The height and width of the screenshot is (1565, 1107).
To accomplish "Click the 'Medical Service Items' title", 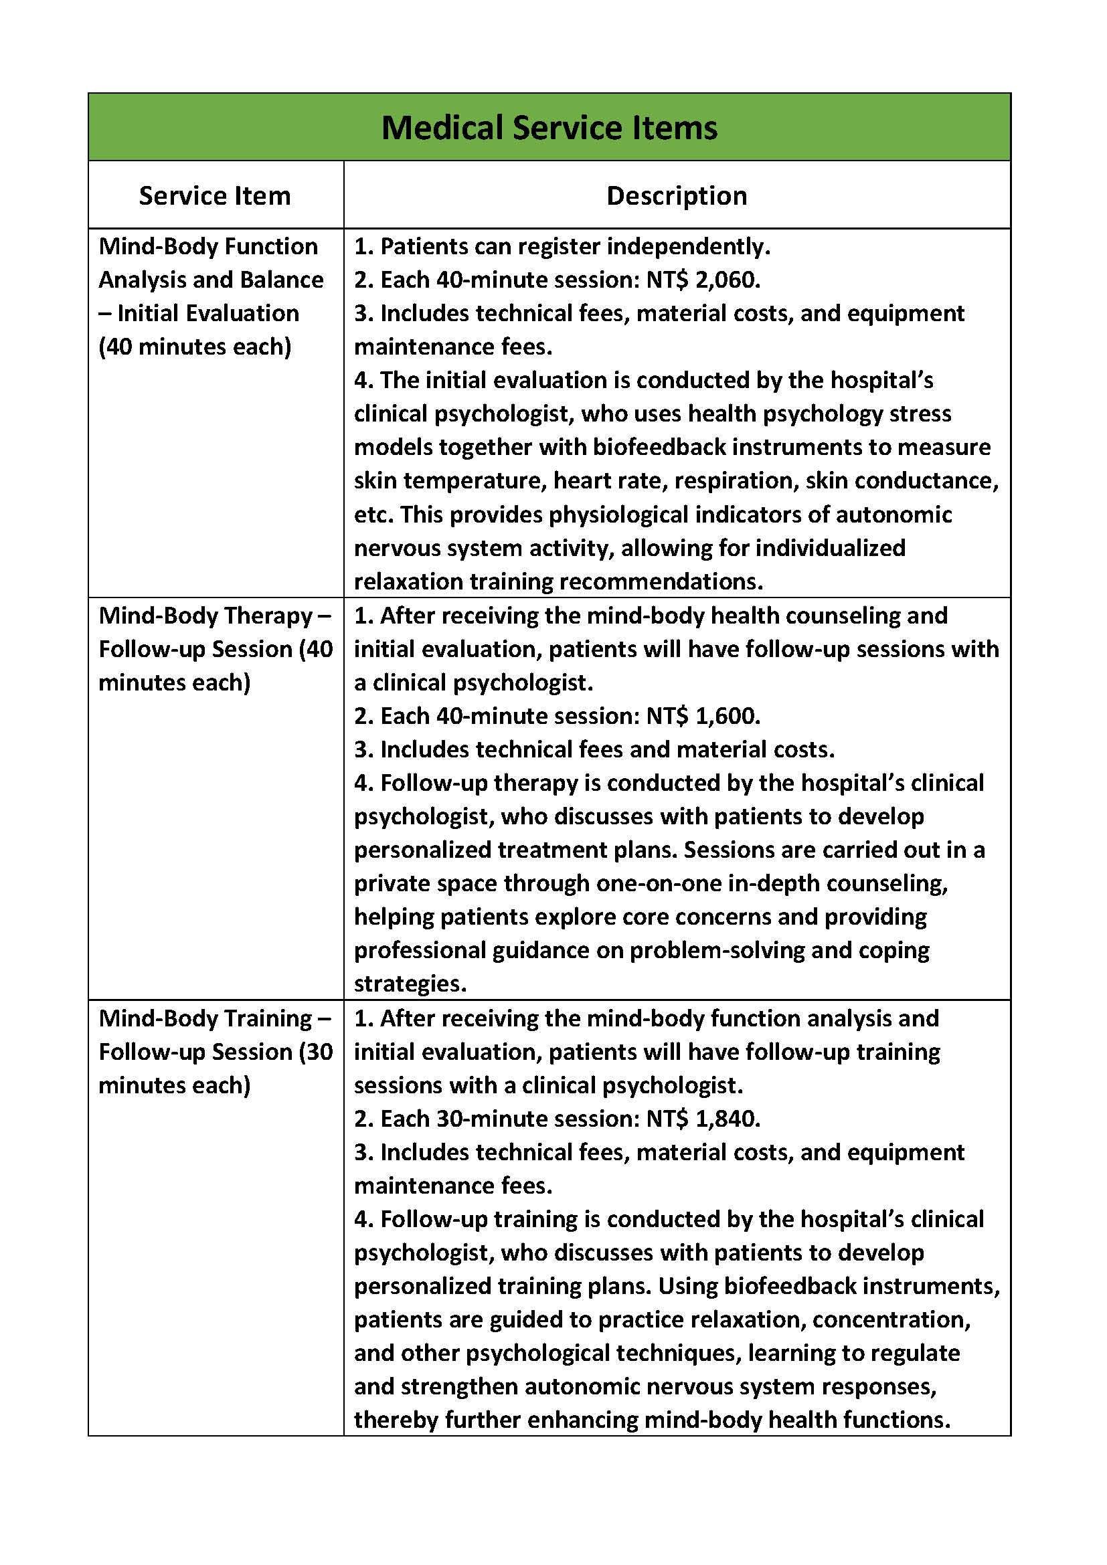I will (549, 128).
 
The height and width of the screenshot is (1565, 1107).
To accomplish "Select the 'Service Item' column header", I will (215, 195).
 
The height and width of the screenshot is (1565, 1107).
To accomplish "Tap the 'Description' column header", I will (676, 195).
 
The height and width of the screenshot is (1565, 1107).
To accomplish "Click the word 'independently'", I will (688, 246).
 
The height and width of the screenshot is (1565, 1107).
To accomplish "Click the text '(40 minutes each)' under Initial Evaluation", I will (195, 347).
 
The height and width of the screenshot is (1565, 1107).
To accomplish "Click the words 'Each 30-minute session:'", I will (510, 1119).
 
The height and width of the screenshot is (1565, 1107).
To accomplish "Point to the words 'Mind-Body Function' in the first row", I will (208, 246).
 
